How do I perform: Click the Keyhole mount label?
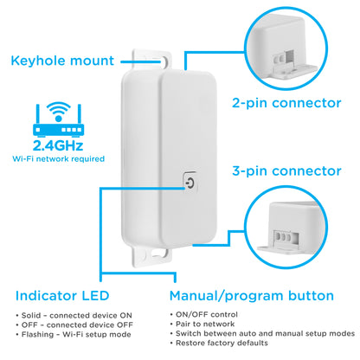pyautogui.click(x=62, y=61)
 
